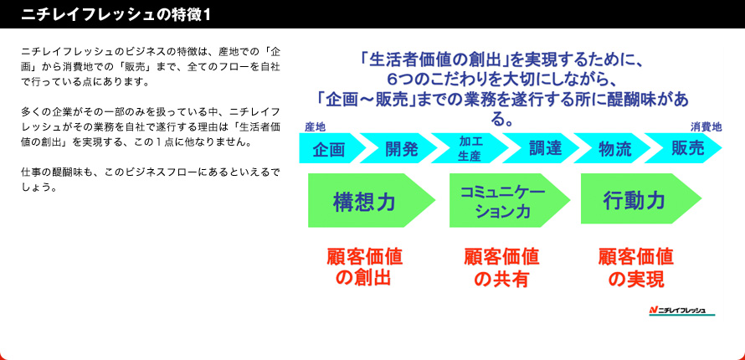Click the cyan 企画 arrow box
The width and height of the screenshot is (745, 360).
(x=330, y=149)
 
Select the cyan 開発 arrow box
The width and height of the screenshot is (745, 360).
(x=399, y=149)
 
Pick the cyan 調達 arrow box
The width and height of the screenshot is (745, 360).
(x=541, y=149)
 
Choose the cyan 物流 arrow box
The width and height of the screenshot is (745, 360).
(x=613, y=149)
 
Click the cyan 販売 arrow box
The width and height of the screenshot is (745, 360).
(x=684, y=149)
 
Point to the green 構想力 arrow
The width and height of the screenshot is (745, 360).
(x=370, y=200)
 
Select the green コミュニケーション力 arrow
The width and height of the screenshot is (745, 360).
(x=507, y=200)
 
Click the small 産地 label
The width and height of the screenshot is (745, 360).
(x=315, y=126)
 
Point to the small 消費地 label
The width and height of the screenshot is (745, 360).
(x=706, y=126)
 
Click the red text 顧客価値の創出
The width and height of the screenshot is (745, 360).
(x=364, y=267)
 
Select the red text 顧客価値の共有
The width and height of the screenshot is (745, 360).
(x=501, y=268)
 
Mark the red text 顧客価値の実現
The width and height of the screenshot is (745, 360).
(x=636, y=268)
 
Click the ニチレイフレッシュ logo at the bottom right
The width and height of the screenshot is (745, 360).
(x=682, y=311)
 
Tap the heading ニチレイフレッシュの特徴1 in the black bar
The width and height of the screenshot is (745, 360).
(x=116, y=15)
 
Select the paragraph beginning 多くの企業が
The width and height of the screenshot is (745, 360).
(x=150, y=126)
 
